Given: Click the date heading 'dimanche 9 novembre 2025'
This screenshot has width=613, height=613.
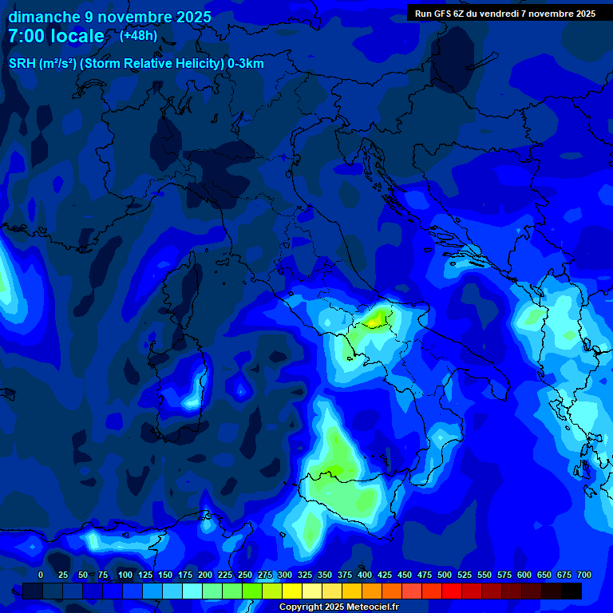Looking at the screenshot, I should pyautogui.click(x=109, y=17).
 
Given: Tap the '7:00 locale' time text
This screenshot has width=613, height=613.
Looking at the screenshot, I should pyautogui.click(x=56, y=36).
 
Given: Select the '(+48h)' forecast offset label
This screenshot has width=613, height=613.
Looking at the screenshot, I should pyautogui.click(x=138, y=35).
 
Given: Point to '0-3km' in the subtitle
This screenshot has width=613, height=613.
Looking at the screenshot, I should pyautogui.click(x=246, y=64).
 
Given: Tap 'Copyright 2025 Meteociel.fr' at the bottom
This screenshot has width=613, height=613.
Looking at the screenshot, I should pyautogui.click(x=338, y=607).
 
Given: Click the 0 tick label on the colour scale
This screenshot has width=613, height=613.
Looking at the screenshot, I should pyautogui.click(x=41, y=575).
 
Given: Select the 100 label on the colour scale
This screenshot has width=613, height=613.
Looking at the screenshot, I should pyautogui.click(x=125, y=575).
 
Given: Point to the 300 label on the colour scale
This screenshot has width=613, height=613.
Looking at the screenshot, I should pyautogui.click(x=285, y=575).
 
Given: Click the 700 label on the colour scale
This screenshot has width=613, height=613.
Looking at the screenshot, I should pyautogui.click(x=584, y=575).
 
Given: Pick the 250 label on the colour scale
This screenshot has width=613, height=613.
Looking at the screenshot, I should pyautogui.click(x=245, y=575).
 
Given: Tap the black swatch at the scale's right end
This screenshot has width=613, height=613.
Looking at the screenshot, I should pyautogui.click(x=571, y=591).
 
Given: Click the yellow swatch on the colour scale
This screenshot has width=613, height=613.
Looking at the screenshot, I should pyautogui.click(x=292, y=591).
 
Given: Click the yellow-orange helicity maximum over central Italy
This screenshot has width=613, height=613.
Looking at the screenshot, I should pyautogui.click(x=374, y=321).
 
